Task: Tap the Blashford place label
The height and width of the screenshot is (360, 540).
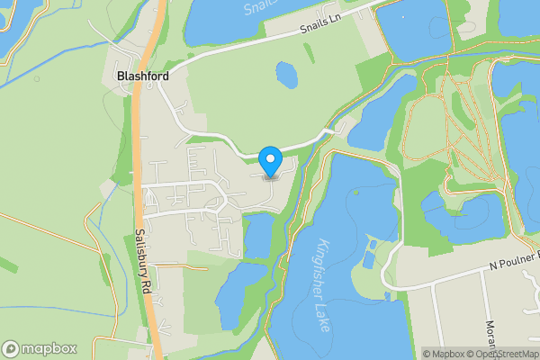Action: coord(144,76)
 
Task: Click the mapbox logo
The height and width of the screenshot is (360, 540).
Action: coord(40,348)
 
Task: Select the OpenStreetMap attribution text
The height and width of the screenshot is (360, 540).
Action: coord(508,354)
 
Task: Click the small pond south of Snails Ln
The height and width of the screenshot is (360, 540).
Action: coord(286,74)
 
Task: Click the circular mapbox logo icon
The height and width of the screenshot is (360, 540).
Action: coord(12,348)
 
